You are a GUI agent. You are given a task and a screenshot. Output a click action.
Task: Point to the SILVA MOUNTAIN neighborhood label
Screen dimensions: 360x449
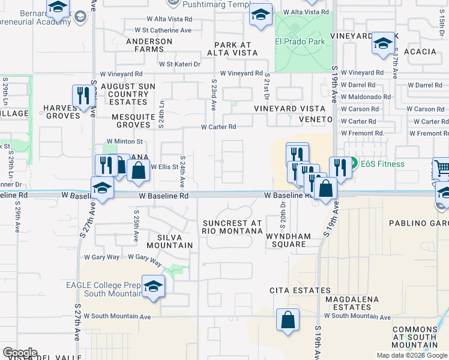click(x=171, y=241)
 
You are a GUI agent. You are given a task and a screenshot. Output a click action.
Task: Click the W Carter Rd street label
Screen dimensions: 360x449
click(x=218, y=127)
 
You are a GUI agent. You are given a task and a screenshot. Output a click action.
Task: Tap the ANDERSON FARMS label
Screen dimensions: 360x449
click(x=149, y=46)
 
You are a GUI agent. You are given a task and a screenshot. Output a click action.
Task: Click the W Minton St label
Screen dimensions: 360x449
click(x=125, y=142)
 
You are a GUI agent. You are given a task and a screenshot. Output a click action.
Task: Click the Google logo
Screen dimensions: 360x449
click(x=20, y=353)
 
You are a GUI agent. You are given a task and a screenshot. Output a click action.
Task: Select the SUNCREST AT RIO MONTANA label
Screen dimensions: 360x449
click(x=232, y=227)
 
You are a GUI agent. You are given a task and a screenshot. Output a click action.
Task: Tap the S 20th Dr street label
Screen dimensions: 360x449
click(x=283, y=211)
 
